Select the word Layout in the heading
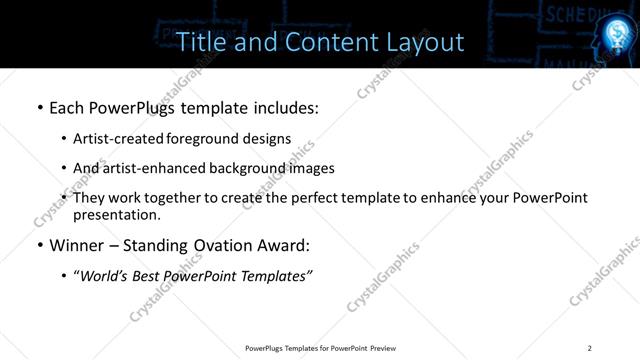425,41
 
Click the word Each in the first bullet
66,105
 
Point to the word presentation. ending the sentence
116,214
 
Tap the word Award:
284,245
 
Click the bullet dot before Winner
39,246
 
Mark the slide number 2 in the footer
589,348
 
